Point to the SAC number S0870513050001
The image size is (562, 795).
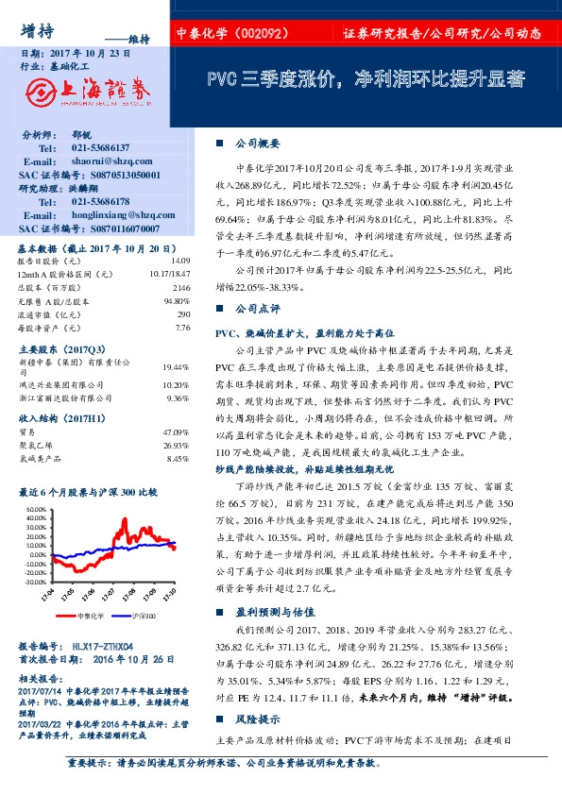tap(117, 175)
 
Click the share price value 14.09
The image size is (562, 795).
tap(180, 260)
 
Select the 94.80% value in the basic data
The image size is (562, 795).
tap(177, 300)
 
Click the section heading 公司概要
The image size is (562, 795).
tap(257, 143)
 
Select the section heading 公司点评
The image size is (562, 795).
tap(257, 309)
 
